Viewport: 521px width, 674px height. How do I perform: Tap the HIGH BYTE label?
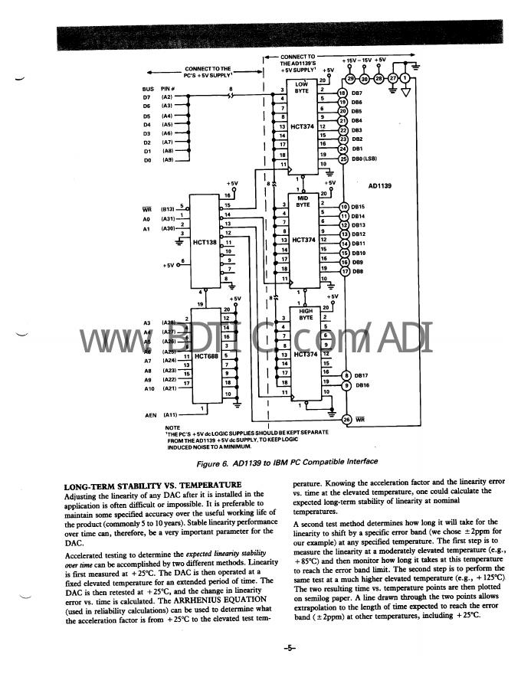point(305,314)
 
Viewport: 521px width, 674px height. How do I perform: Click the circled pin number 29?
point(350,78)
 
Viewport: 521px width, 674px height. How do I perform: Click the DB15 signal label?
point(357,207)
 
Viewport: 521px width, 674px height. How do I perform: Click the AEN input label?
point(151,414)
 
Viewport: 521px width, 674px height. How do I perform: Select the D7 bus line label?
point(147,97)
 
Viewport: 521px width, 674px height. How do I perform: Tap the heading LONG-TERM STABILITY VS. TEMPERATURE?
point(152,486)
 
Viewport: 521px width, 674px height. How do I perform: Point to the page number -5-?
point(288,648)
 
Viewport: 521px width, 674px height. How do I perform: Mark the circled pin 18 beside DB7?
point(343,93)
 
